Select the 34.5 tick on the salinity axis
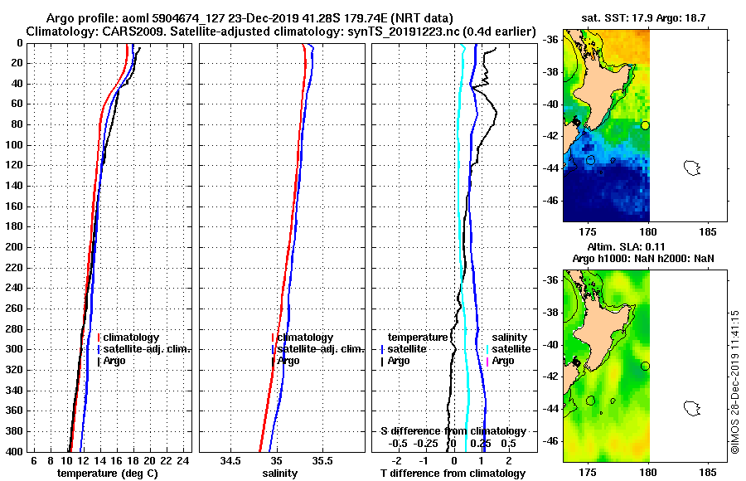click(x=230, y=461)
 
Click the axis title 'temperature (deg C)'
click(x=107, y=474)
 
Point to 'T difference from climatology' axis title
click(x=453, y=474)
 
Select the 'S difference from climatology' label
click(x=453, y=431)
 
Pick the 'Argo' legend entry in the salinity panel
click(x=288, y=361)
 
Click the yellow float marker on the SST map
click(x=646, y=125)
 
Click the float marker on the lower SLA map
click(x=646, y=366)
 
